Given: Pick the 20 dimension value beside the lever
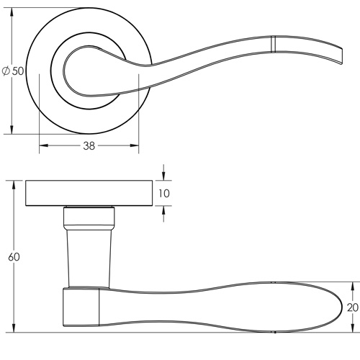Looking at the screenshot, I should tap(352, 307).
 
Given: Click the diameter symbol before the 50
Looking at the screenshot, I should tap(6, 71).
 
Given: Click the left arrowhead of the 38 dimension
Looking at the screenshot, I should tap(42, 145).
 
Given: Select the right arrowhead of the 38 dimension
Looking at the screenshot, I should tap(135, 145).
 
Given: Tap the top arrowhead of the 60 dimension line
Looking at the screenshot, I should tap(13, 184).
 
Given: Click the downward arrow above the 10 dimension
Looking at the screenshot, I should tap(165, 176).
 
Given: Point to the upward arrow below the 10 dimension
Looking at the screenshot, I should tap(165, 210).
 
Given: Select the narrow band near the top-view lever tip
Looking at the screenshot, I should tap(274, 44).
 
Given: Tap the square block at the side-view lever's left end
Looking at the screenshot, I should tap(81, 308).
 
